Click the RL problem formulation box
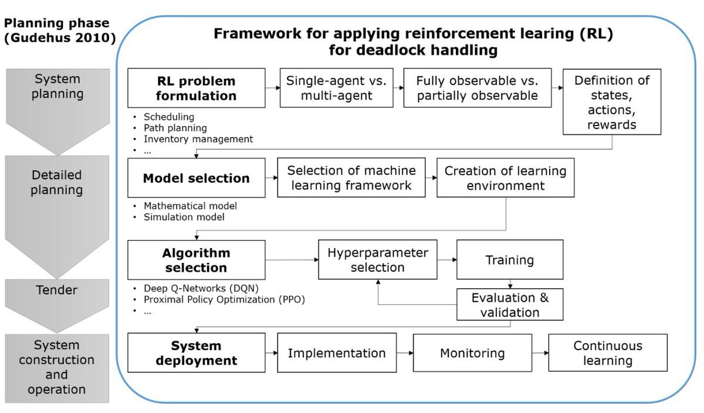pos(196,88)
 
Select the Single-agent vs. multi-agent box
pos(336,88)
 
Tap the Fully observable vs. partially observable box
pos(477,88)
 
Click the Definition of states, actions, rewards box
pos(612,102)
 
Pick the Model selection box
pos(196,178)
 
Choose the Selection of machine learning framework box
pos(351,178)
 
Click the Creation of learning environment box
pos(505,178)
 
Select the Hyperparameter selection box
pos(377,260)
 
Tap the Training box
pos(509,260)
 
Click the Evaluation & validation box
pos(509,304)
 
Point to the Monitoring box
pos(472,353)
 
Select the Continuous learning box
pos(607,353)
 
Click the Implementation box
pos(336,353)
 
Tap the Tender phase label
pos(56,290)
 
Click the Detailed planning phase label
pos(56,182)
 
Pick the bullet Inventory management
pos(198,139)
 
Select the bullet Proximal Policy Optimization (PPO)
pos(224,300)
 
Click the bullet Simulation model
pos(184,217)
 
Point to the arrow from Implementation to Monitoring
pos(404,353)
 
